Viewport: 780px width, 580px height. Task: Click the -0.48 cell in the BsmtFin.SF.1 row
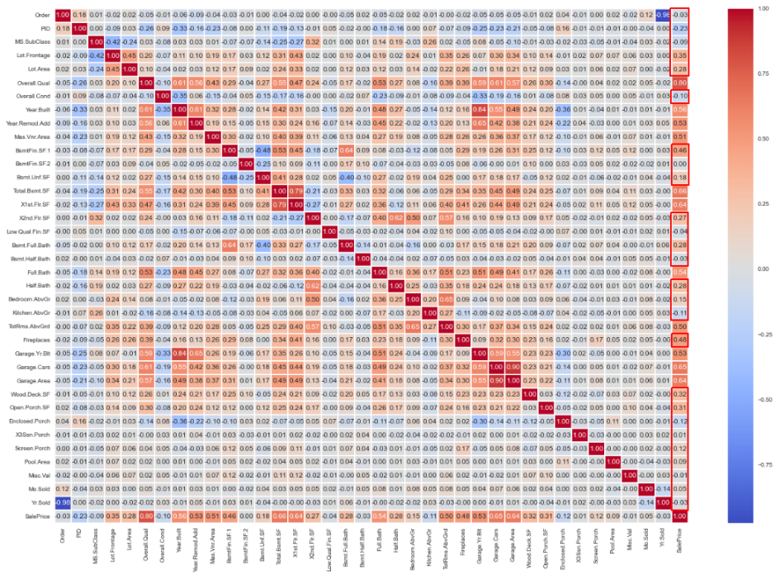(x=262, y=151)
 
